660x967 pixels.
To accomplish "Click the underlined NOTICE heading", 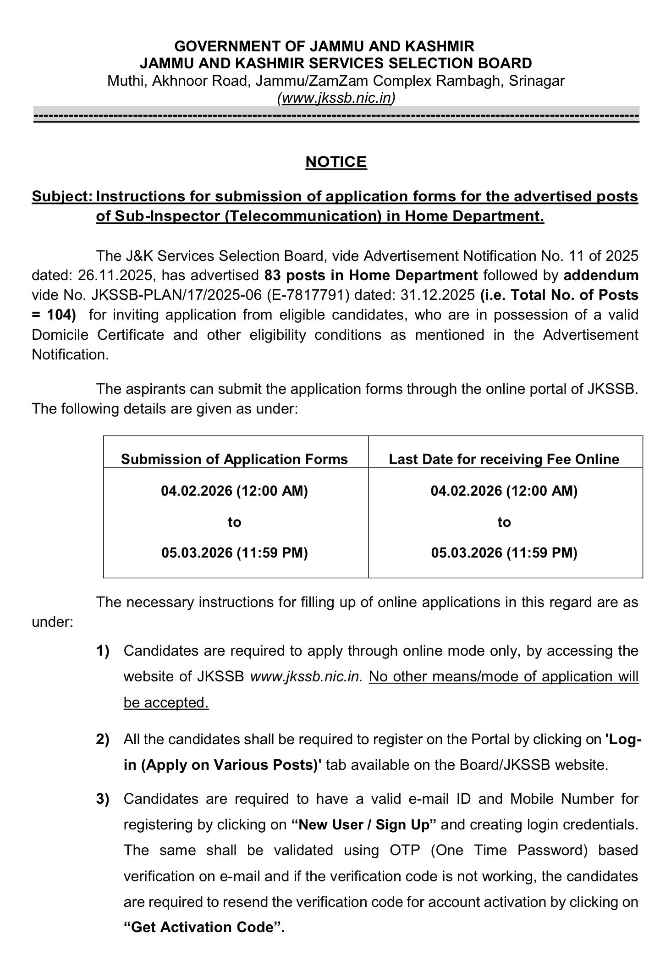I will tap(336, 162).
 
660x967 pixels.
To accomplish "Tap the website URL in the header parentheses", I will tap(336, 98).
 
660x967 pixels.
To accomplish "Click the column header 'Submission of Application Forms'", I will tap(234, 459).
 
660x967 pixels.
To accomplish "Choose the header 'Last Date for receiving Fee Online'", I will tap(504, 459).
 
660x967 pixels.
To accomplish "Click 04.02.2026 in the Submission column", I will tap(197, 491).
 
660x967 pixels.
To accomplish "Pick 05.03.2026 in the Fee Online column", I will tap(467, 553).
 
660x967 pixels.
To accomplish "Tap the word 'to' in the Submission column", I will tap(234, 522).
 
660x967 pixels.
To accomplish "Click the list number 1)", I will tap(103, 651).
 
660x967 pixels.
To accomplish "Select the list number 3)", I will tap(103, 799).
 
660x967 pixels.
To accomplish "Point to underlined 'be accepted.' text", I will tap(166, 702).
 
